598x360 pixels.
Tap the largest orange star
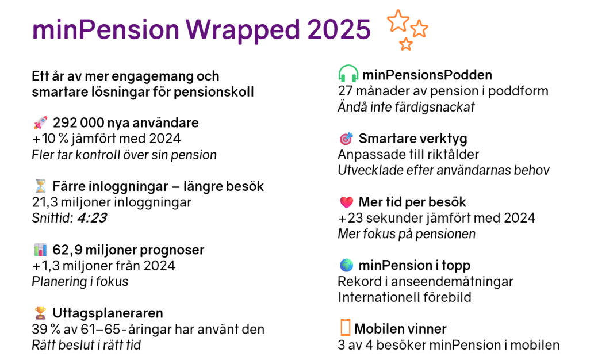point(398,21)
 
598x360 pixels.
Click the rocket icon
point(40,123)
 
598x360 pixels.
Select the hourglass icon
point(40,186)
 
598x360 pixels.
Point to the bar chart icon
point(40,250)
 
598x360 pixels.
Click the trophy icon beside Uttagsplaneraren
point(40,313)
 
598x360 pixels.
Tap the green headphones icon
point(348,74)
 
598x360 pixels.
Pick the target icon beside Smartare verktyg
point(346,139)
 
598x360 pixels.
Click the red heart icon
point(347,202)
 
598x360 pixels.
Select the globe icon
point(347,265)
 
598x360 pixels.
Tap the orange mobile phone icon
point(345,328)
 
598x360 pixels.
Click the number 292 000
point(79,123)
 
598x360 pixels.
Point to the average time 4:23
point(92,218)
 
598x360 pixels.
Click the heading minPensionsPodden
point(427,75)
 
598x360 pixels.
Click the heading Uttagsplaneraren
point(108,313)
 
